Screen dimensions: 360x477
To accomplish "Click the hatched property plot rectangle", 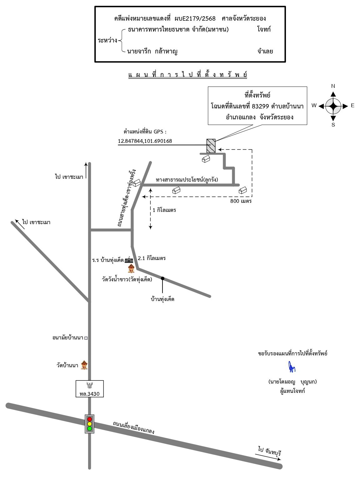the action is click(x=211, y=146).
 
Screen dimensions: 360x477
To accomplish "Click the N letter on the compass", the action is click(x=333, y=86).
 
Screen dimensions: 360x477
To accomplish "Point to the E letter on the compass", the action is click(x=352, y=105).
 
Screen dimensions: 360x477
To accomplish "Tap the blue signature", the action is click(x=292, y=367).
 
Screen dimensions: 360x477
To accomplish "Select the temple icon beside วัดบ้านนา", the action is click(x=84, y=365).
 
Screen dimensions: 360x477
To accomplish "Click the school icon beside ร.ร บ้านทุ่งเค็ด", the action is click(x=129, y=260).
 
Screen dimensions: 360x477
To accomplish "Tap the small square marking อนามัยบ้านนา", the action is click(x=86, y=338).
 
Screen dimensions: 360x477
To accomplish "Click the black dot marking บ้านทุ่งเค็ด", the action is click(x=162, y=279).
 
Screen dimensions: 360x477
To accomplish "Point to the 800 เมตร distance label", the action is click(x=241, y=201).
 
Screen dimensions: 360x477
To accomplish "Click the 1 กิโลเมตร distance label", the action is click(x=164, y=210).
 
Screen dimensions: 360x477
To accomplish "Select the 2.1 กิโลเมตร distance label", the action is click(x=152, y=258).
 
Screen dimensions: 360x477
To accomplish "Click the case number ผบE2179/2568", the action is click(x=195, y=18).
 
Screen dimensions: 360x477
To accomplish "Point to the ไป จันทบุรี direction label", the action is click(x=270, y=452).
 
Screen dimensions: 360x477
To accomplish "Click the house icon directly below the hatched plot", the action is click(x=206, y=159).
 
